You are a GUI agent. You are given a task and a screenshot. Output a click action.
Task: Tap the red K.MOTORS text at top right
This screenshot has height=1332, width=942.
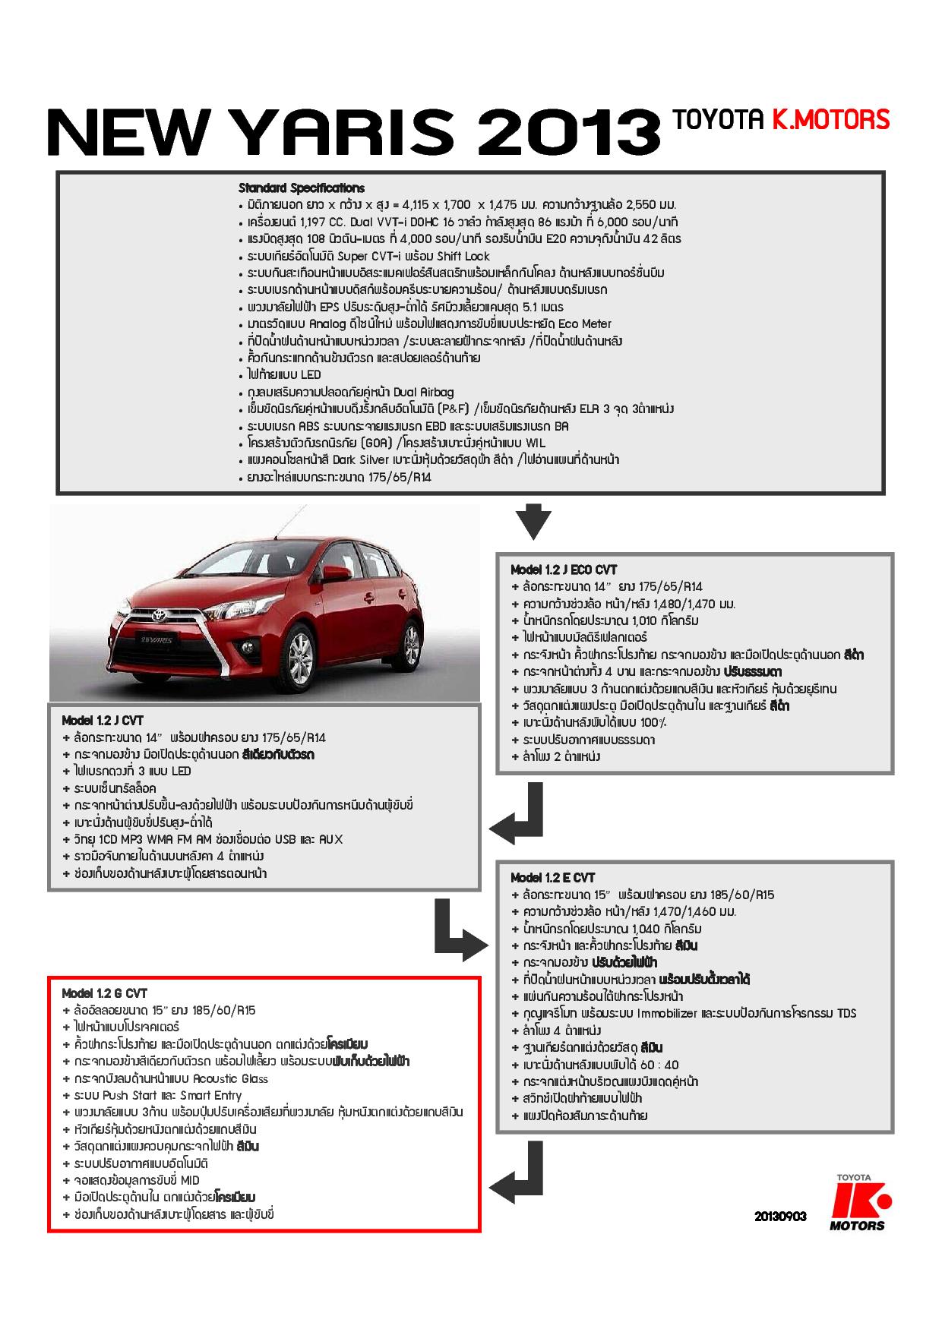coord(830,119)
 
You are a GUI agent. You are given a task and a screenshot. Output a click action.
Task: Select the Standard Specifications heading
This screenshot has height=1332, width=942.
coord(302,188)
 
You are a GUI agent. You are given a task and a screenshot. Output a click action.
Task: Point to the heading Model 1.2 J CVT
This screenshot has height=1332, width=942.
coord(102,720)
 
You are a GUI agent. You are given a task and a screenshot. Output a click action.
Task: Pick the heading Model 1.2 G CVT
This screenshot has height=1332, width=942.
coord(104,993)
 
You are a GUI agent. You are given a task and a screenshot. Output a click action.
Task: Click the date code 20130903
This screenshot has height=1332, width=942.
coord(779,1216)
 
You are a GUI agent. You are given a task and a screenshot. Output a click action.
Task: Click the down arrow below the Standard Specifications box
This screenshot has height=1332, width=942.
coord(533,521)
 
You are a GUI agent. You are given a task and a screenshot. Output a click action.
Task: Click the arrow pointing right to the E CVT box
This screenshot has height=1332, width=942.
coord(459,928)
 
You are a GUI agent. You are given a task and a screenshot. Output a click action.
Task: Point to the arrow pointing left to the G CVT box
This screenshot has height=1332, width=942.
coord(516,1173)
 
